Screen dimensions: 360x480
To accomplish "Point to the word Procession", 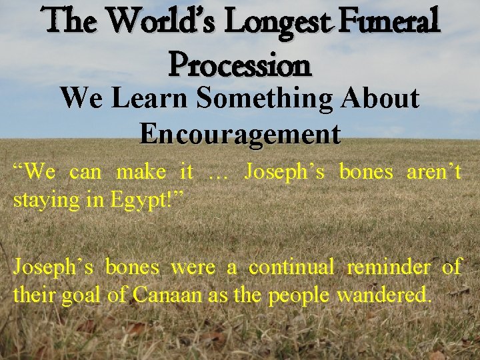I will click(x=240, y=65).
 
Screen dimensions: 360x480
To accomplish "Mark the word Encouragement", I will click(x=240, y=133).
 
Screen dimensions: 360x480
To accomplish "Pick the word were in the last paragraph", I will click(x=194, y=268).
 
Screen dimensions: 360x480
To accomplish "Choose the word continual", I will click(x=291, y=267).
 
